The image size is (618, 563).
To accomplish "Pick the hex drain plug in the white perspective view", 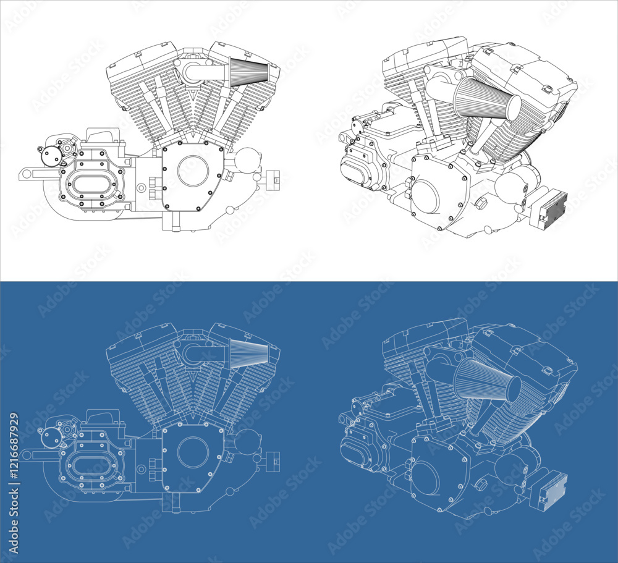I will click(x=481, y=203).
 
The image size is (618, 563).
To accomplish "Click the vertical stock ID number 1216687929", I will click(x=14, y=482).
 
